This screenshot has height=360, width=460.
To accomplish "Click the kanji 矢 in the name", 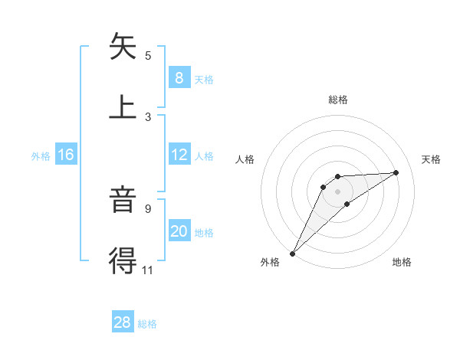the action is [124, 47].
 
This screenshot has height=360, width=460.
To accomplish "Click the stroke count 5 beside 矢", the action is [148, 56].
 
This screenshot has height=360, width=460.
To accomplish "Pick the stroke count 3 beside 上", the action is [148, 116].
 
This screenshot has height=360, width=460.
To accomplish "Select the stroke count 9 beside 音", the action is [148, 208].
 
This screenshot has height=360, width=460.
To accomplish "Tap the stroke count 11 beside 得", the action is [148, 270].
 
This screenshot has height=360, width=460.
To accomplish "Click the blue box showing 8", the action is [179, 77].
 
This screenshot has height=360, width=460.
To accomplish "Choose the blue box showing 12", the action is [179, 155].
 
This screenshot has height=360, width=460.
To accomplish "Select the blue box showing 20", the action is [179, 231].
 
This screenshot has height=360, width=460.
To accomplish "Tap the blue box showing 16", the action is [66, 155].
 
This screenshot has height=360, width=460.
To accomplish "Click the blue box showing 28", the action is [123, 322].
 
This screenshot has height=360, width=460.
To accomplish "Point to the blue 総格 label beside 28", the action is [148, 324].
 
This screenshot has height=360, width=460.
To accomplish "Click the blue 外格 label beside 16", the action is [41, 156].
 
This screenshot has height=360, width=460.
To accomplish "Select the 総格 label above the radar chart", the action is [338, 100].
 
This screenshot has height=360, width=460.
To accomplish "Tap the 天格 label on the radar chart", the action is [431, 159].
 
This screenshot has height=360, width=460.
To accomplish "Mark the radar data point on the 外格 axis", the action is [292, 253].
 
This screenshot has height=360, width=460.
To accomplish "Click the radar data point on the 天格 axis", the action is [396, 172].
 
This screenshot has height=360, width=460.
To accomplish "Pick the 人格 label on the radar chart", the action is [245, 159].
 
